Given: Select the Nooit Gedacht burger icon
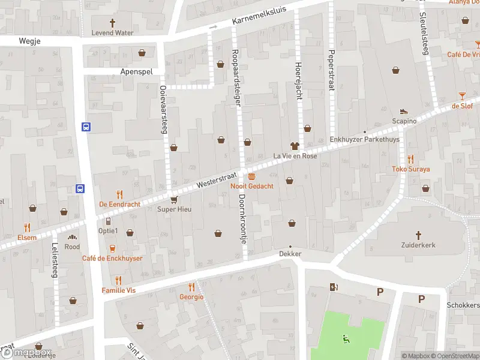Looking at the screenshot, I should tap(251, 176).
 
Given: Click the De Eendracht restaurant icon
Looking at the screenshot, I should tap(119, 194).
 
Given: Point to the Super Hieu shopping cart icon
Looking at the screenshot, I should tap(173, 199).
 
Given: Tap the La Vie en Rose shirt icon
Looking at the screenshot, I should tap(294, 145).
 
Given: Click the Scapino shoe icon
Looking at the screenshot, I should tap(404, 110).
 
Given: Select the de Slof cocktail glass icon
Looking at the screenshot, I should tap(462, 95).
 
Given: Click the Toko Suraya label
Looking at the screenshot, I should tap(411, 169).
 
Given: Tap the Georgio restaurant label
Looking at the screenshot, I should tap(191, 297).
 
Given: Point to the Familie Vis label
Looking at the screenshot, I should tap(118, 290).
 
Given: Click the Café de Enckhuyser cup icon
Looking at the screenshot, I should tap(112, 248).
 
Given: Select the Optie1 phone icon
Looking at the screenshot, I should tap(108, 221).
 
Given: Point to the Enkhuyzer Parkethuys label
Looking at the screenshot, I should tap(364, 140).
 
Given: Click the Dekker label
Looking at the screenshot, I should tap(290, 254).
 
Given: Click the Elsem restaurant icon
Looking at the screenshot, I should tap(26, 227).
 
